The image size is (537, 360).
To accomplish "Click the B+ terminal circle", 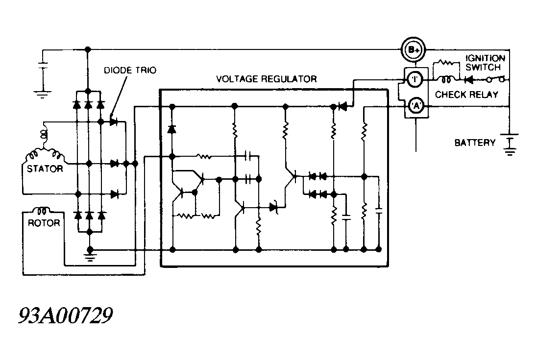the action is pos(414,50).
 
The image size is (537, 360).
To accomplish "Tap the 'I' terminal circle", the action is pos(415,80).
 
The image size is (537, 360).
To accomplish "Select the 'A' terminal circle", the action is pos(416,106).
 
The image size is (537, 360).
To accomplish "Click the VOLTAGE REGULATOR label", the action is pos(267,79).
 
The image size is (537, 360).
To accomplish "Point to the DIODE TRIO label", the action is pos(130,70).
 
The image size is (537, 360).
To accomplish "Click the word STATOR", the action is pos(45,168).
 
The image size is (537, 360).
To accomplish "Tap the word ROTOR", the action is pos(44,223).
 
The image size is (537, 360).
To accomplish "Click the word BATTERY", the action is pos(475,143).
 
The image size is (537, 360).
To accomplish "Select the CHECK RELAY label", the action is pos(466,95).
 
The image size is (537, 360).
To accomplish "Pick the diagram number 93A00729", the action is pos(65,315).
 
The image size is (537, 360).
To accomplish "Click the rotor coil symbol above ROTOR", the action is pos(42,210).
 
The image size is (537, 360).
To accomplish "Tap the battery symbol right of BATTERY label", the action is pos(510,144).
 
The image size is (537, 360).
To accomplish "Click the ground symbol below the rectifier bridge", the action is pos(90,256).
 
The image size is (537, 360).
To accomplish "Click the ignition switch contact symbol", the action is pos(495,79).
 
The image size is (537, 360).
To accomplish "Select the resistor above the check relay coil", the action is pos(446,63).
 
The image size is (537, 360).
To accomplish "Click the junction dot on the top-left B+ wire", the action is pos(88,49).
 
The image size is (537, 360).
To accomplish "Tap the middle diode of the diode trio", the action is pos(114,164).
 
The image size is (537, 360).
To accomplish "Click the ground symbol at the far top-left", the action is pos(43,94).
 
